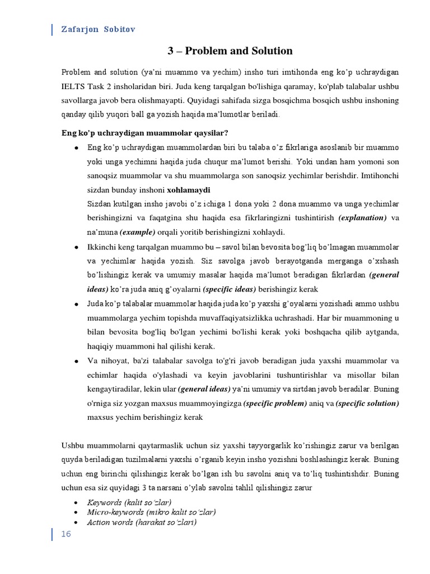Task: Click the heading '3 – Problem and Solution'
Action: pyautogui.click(x=230, y=51)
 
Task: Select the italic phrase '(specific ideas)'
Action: pyautogui.click(x=229, y=289)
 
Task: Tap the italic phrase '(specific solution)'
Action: pyautogui.click(x=367, y=403)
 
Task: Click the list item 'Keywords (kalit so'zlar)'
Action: pyautogui.click(x=129, y=501)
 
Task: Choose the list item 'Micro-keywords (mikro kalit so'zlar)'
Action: pyautogui.click(x=151, y=512)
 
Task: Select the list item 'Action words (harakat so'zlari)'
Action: pyautogui.click(x=142, y=522)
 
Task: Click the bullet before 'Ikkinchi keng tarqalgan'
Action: pyautogui.click(x=76, y=247)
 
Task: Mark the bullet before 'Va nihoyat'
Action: pyautogui.click(x=76, y=361)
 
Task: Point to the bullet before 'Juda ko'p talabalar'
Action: pyautogui.click(x=76, y=304)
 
